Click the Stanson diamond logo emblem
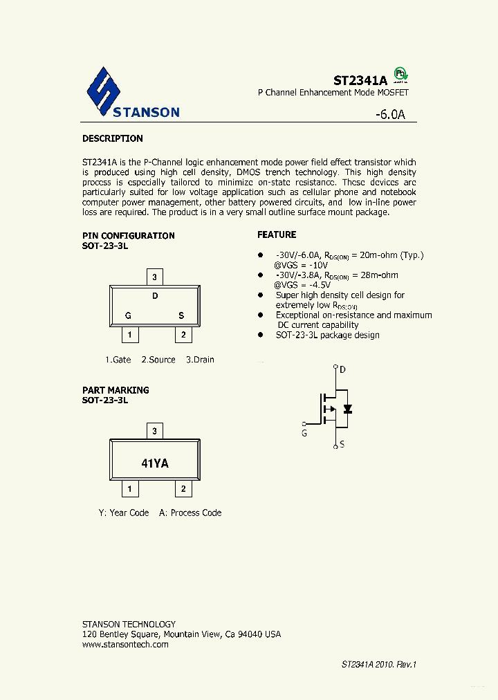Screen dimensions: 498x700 (x=104, y=91)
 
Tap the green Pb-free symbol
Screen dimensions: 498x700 (x=400, y=74)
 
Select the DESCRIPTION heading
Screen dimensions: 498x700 (x=113, y=138)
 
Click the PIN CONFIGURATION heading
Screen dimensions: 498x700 (x=129, y=235)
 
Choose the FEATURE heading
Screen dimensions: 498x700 (x=277, y=234)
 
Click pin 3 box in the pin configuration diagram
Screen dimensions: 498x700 (x=155, y=277)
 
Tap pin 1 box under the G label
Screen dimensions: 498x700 (x=129, y=335)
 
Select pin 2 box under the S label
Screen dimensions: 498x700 (x=183, y=335)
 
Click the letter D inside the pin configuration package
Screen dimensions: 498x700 (x=155, y=296)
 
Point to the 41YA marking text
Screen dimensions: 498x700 (x=155, y=463)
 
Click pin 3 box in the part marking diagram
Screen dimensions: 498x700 (x=155, y=431)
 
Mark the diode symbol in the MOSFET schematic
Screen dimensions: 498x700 (x=348, y=409)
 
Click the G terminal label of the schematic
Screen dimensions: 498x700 (x=304, y=434)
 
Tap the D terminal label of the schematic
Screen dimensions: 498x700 (x=343, y=369)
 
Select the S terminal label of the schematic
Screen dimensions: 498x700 (x=343, y=445)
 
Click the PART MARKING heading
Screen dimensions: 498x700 (x=116, y=390)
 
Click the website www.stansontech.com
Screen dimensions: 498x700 (x=125, y=644)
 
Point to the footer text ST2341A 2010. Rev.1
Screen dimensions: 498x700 (x=378, y=664)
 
